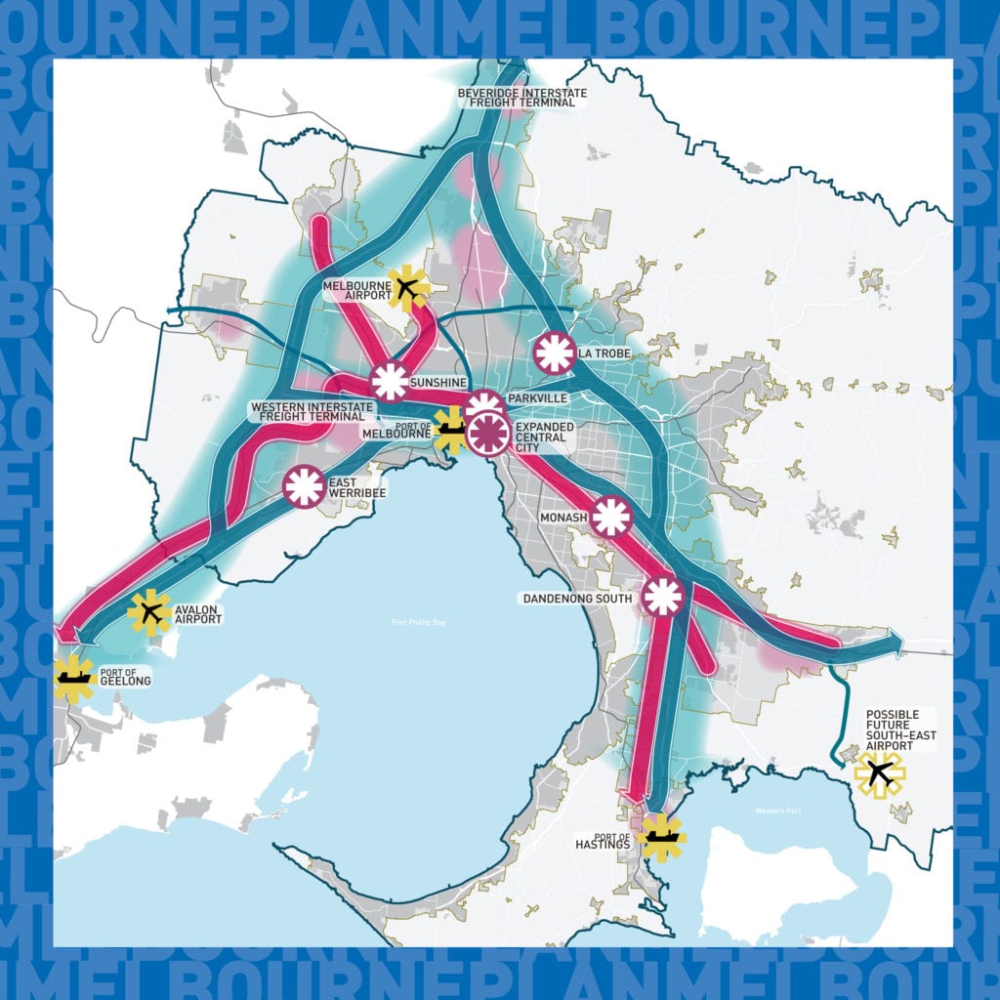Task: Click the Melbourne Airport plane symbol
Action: point(408,288)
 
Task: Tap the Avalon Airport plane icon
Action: point(149,613)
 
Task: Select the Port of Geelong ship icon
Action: point(74,675)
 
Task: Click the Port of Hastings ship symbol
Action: point(660,837)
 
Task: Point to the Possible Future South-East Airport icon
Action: point(880,773)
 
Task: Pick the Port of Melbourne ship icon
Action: point(450,428)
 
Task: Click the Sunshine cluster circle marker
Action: point(390,381)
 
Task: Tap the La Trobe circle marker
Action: point(554,353)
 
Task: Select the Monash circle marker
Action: point(611,517)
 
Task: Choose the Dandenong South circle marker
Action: point(662,596)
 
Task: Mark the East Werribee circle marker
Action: point(304,486)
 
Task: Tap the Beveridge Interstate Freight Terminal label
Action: point(522,98)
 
